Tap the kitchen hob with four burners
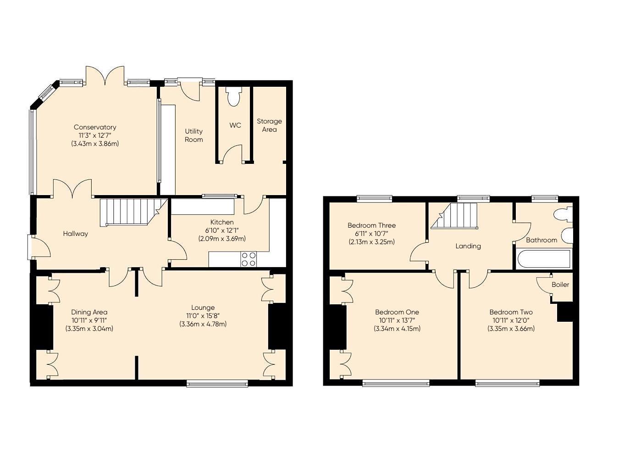[249, 259]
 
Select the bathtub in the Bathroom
[543, 259]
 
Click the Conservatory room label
[95, 127]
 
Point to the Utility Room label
[193, 135]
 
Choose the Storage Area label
[269, 125]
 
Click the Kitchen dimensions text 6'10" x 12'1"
[222, 230]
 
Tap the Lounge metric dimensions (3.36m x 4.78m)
[203, 324]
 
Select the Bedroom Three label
[371, 225]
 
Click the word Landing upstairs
[468, 246]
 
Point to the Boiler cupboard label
[560, 285]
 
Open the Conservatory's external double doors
[105, 76]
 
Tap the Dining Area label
[89, 312]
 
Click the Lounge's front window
[217, 383]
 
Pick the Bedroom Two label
[511, 312]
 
